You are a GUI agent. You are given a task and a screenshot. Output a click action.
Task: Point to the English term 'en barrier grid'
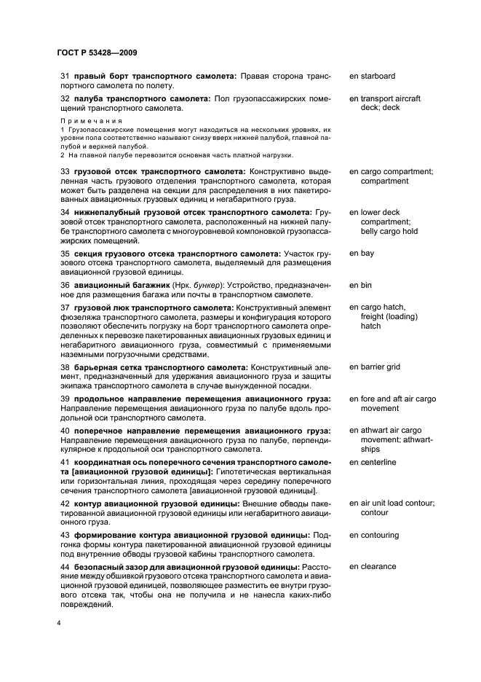point(374,367)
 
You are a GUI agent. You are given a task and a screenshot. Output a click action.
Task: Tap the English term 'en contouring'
point(374,535)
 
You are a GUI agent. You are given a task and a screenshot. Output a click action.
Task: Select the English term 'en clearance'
point(373,566)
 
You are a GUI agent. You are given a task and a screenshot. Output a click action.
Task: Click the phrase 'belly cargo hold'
point(389,232)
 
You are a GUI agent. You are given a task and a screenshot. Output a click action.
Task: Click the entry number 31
point(64,76)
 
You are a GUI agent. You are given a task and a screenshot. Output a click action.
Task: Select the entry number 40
point(64,431)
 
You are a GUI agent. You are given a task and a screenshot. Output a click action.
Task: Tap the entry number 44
point(64,566)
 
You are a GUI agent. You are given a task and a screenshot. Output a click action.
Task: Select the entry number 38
point(64,367)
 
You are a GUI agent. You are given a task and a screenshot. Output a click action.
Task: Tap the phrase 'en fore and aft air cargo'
point(392,399)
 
